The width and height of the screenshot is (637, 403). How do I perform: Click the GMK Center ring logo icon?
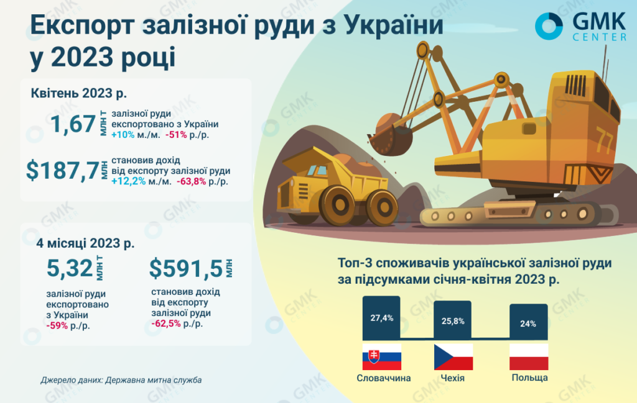[549, 26]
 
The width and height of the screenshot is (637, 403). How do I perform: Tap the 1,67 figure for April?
[73, 124]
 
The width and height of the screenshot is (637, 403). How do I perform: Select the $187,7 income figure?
[63, 170]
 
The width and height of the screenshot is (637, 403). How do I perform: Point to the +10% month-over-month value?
[123, 135]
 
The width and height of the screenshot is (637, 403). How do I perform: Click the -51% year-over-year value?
[176, 135]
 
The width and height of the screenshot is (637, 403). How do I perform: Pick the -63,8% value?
[192, 181]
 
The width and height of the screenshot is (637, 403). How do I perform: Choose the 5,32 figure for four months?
[70, 268]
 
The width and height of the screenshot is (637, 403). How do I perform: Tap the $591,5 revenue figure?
[186, 268]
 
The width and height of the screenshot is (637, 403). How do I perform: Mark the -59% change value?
[57, 325]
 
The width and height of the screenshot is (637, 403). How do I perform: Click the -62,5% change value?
[165, 324]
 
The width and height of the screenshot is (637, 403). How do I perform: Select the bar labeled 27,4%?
[381, 318]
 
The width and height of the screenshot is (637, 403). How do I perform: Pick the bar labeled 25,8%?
[453, 320]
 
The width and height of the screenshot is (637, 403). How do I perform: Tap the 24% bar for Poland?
[529, 322]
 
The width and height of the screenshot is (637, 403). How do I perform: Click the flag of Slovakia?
[381, 357]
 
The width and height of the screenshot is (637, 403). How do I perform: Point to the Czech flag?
[453, 357]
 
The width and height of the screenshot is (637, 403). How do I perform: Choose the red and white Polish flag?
[529, 357]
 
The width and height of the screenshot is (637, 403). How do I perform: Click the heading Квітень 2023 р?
[79, 93]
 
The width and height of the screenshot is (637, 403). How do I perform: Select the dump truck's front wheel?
[338, 206]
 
